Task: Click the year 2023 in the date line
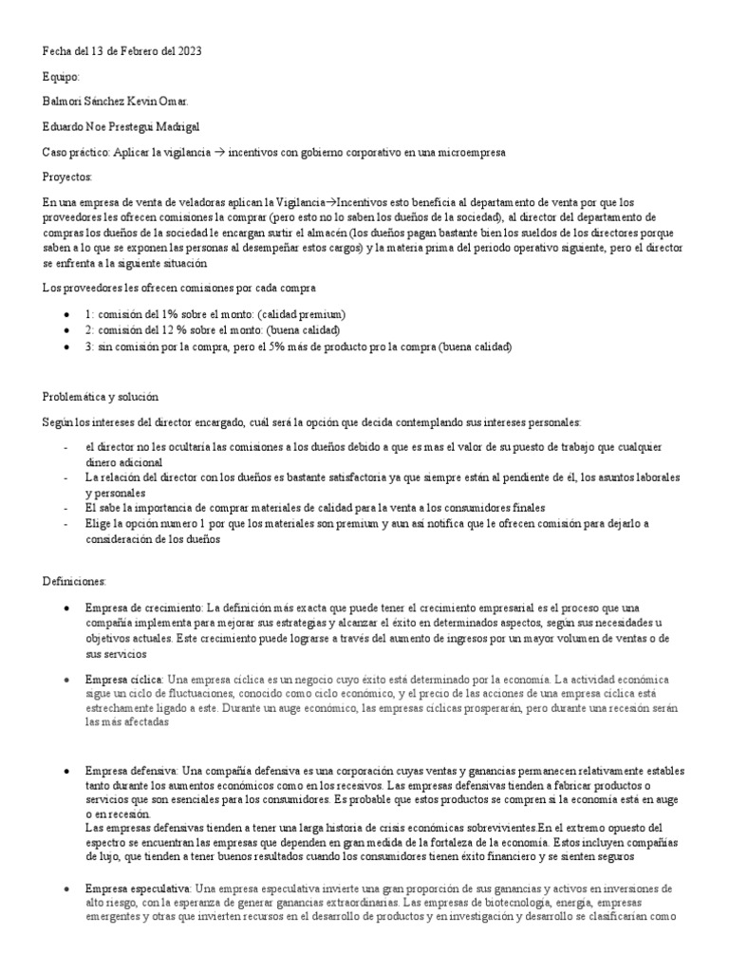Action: coord(188,51)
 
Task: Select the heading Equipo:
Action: coord(63,76)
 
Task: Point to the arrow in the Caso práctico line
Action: coord(243,151)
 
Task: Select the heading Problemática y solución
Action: coord(101,396)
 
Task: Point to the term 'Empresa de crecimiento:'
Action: coord(144,607)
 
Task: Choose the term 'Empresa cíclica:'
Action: coord(124,680)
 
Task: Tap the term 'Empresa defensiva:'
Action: coord(131,771)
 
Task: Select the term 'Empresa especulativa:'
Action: coord(139,888)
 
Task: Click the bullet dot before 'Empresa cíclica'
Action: coord(65,681)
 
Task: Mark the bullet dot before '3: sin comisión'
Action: coord(65,346)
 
